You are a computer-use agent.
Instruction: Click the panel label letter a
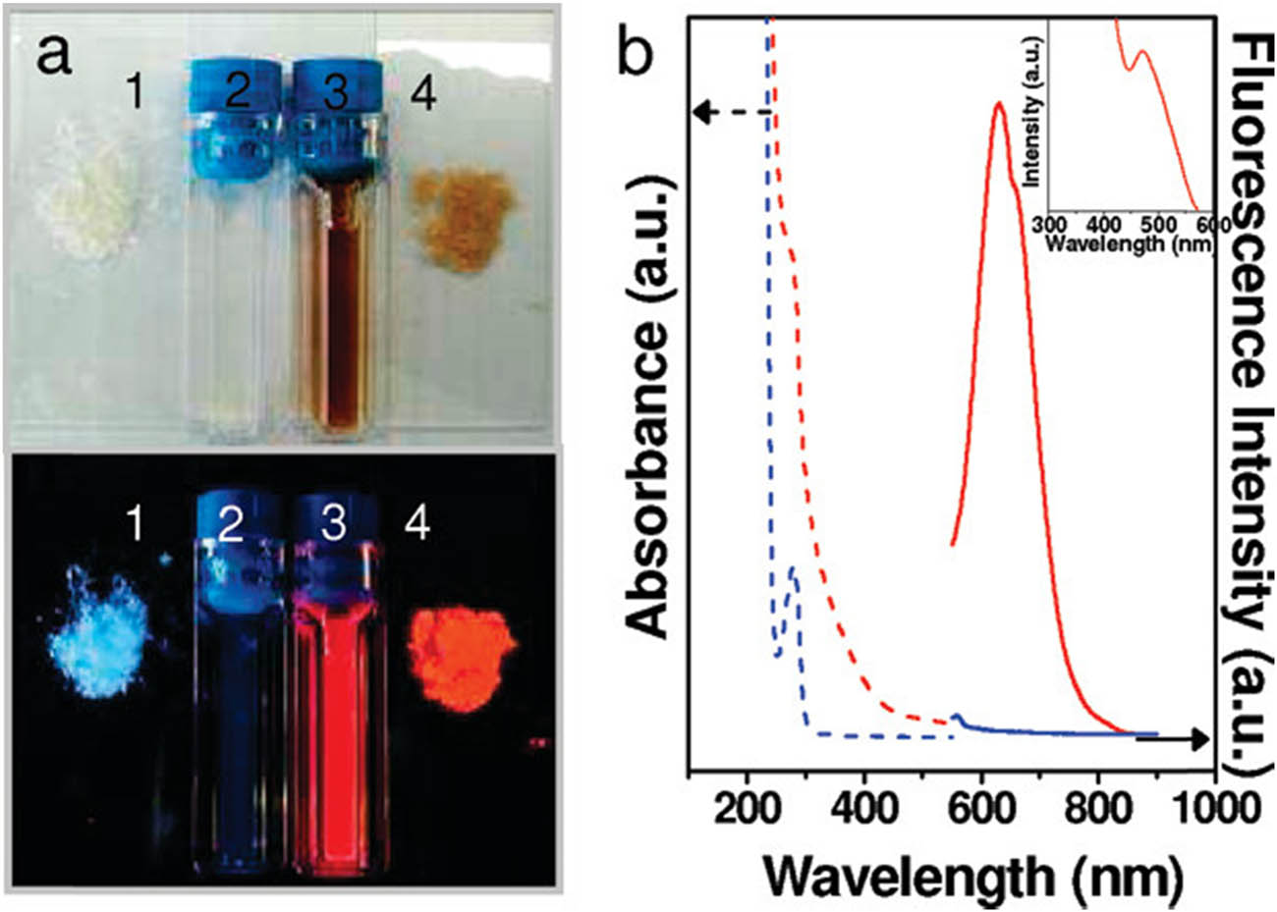[53, 57]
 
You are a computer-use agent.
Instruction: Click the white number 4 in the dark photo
[417, 524]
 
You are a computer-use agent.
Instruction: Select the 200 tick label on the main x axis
[746, 809]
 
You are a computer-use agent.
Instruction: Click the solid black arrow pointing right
[1174, 738]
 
